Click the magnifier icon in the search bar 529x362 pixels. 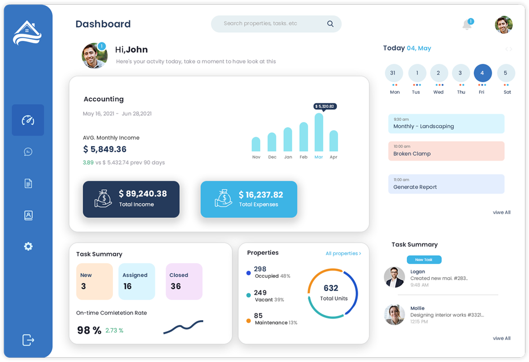(x=330, y=24)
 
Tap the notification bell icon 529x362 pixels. (x=467, y=25)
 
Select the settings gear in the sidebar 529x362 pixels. (x=28, y=246)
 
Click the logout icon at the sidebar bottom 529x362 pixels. (x=28, y=340)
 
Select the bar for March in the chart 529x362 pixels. (x=319, y=132)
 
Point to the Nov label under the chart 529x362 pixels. (x=256, y=157)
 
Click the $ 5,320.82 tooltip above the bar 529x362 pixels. (x=325, y=106)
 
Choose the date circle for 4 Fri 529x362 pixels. (x=482, y=73)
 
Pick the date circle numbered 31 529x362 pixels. (x=394, y=73)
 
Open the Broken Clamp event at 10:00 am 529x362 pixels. (x=446, y=151)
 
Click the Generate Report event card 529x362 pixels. (x=446, y=184)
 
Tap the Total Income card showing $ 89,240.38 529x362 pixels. (x=131, y=199)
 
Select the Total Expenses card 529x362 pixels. (x=249, y=199)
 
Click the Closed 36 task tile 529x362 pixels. (x=184, y=281)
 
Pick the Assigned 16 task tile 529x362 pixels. (x=136, y=281)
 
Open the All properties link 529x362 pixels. (x=343, y=254)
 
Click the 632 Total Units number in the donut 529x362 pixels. (x=331, y=288)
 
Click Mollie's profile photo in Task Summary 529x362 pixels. (x=394, y=314)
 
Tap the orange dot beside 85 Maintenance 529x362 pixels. (x=248, y=321)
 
